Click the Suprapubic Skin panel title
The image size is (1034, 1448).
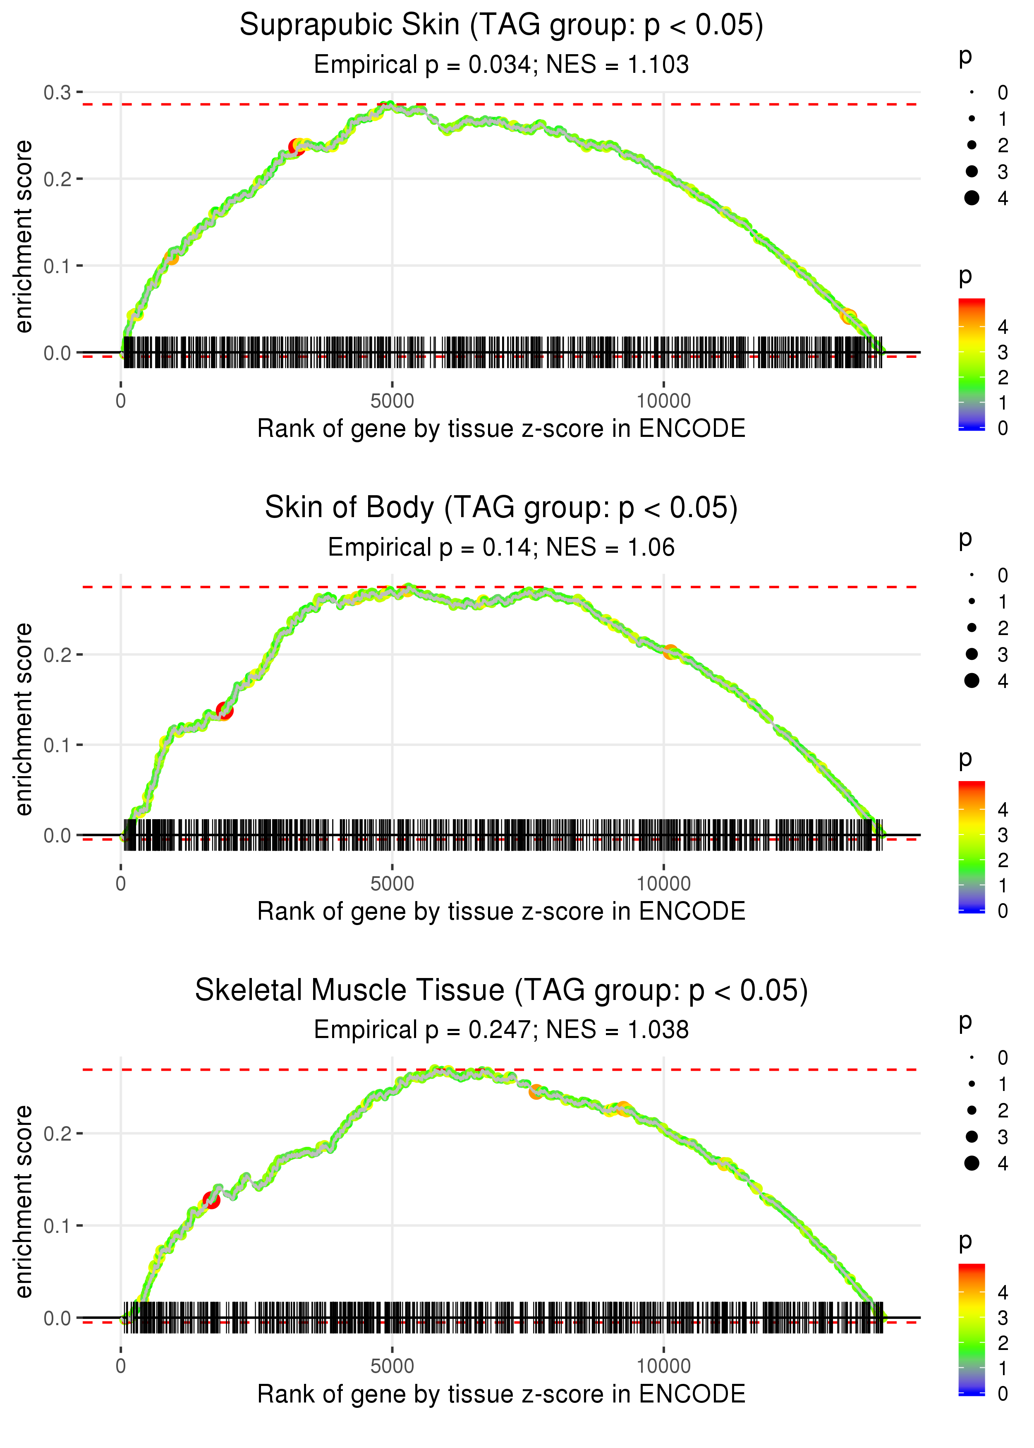[x=501, y=26]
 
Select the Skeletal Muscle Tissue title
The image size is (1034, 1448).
[x=501, y=990]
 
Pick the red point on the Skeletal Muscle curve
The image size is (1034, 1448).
[x=211, y=1200]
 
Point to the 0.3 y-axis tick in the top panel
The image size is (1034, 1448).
[x=57, y=93]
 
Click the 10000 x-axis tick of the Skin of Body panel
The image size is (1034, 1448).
[x=663, y=883]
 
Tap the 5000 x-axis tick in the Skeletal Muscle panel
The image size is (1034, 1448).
[x=392, y=1366]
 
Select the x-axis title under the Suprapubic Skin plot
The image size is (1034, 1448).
[x=501, y=429]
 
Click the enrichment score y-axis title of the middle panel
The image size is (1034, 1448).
[x=24, y=719]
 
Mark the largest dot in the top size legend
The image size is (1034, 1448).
[x=972, y=198]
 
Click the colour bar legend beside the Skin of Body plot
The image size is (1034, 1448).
[x=972, y=847]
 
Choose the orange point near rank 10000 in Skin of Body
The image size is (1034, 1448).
[x=670, y=652]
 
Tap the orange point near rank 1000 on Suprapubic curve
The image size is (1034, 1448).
[x=171, y=258]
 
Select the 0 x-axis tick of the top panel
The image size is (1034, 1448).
[x=121, y=401]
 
